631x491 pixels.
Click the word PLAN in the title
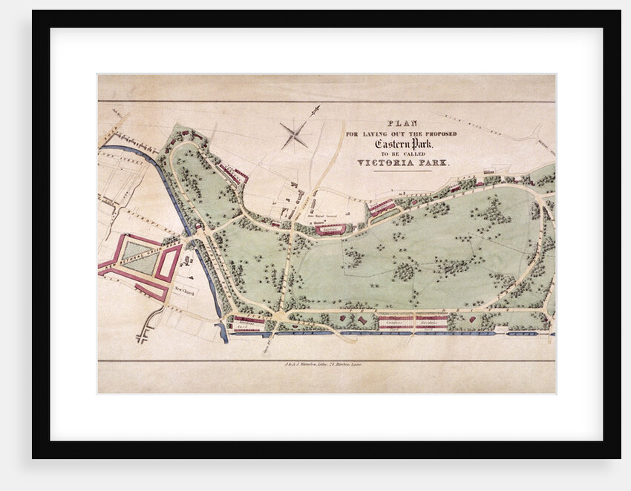point(404,124)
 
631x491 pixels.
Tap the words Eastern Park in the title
point(404,143)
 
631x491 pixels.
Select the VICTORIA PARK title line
point(404,162)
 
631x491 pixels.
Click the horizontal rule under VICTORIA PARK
point(403,171)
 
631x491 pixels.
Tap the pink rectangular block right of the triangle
point(168,263)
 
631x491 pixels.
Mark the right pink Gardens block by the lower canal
point(431,322)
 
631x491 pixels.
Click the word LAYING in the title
point(382,134)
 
